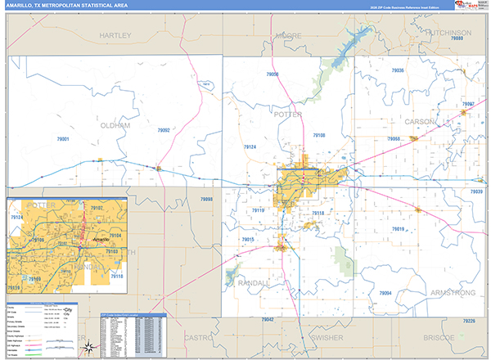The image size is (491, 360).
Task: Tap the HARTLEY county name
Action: [115, 37]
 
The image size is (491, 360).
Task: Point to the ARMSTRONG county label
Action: [447, 292]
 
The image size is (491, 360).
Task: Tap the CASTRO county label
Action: [198, 336]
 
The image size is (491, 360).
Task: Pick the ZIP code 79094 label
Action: [385, 293]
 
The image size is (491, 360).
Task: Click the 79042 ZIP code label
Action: [268, 319]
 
